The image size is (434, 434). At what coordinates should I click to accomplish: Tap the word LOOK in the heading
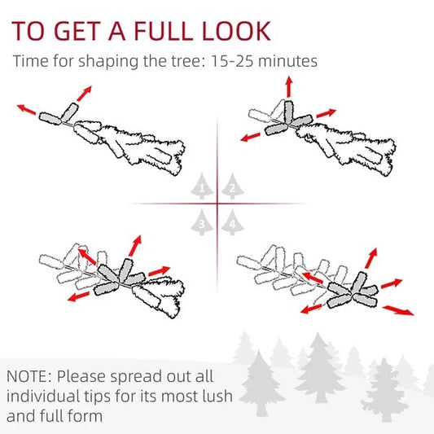pyautogui.click(x=236, y=31)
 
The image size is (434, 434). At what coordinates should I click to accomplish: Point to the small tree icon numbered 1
pyautogui.click(x=202, y=186)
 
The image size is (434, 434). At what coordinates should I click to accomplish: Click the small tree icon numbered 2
pyautogui.click(x=233, y=186)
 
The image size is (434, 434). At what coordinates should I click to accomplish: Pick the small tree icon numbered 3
pyautogui.click(x=202, y=222)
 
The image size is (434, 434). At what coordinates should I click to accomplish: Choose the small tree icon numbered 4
pyautogui.click(x=233, y=222)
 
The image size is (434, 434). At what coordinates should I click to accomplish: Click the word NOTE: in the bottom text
pyautogui.click(x=28, y=376)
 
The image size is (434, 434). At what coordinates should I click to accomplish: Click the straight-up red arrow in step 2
pyautogui.click(x=289, y=87)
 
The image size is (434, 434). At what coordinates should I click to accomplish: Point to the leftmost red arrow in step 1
pyautogui.click(x=27, y=109)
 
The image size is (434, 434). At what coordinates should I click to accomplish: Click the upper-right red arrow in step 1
pyautogui.click(x=84, y=94)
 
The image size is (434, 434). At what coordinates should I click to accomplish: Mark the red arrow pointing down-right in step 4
pyautogui.click(x=398, y=310)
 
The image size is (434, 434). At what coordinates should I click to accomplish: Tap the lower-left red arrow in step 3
pyautogui.click(x=79, y=296)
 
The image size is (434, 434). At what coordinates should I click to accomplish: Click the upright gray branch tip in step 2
pyautogui.click(x=289, y=112)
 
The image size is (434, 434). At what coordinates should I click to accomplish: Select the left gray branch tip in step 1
pyautogui.click(x=50, y=118)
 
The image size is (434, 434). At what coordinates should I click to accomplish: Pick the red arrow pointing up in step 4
pyautogui.click(x=371, y=258)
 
